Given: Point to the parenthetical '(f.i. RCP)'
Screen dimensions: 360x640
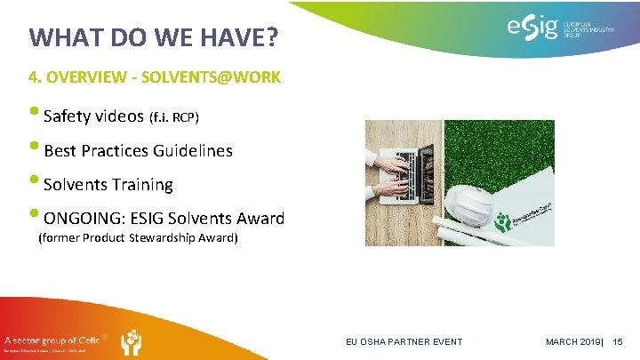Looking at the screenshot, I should pos(174,117).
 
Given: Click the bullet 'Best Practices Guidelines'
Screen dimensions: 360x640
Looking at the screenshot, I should pos(138,150).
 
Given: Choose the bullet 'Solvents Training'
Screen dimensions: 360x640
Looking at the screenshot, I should pos(108,185).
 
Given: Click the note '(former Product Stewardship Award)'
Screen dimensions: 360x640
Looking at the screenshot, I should pos(138,238).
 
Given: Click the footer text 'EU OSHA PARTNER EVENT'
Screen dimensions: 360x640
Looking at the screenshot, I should pos(404,342).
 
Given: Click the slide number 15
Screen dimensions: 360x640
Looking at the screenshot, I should pos(620,342).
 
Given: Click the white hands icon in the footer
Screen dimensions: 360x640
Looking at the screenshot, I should pos(131,342).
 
